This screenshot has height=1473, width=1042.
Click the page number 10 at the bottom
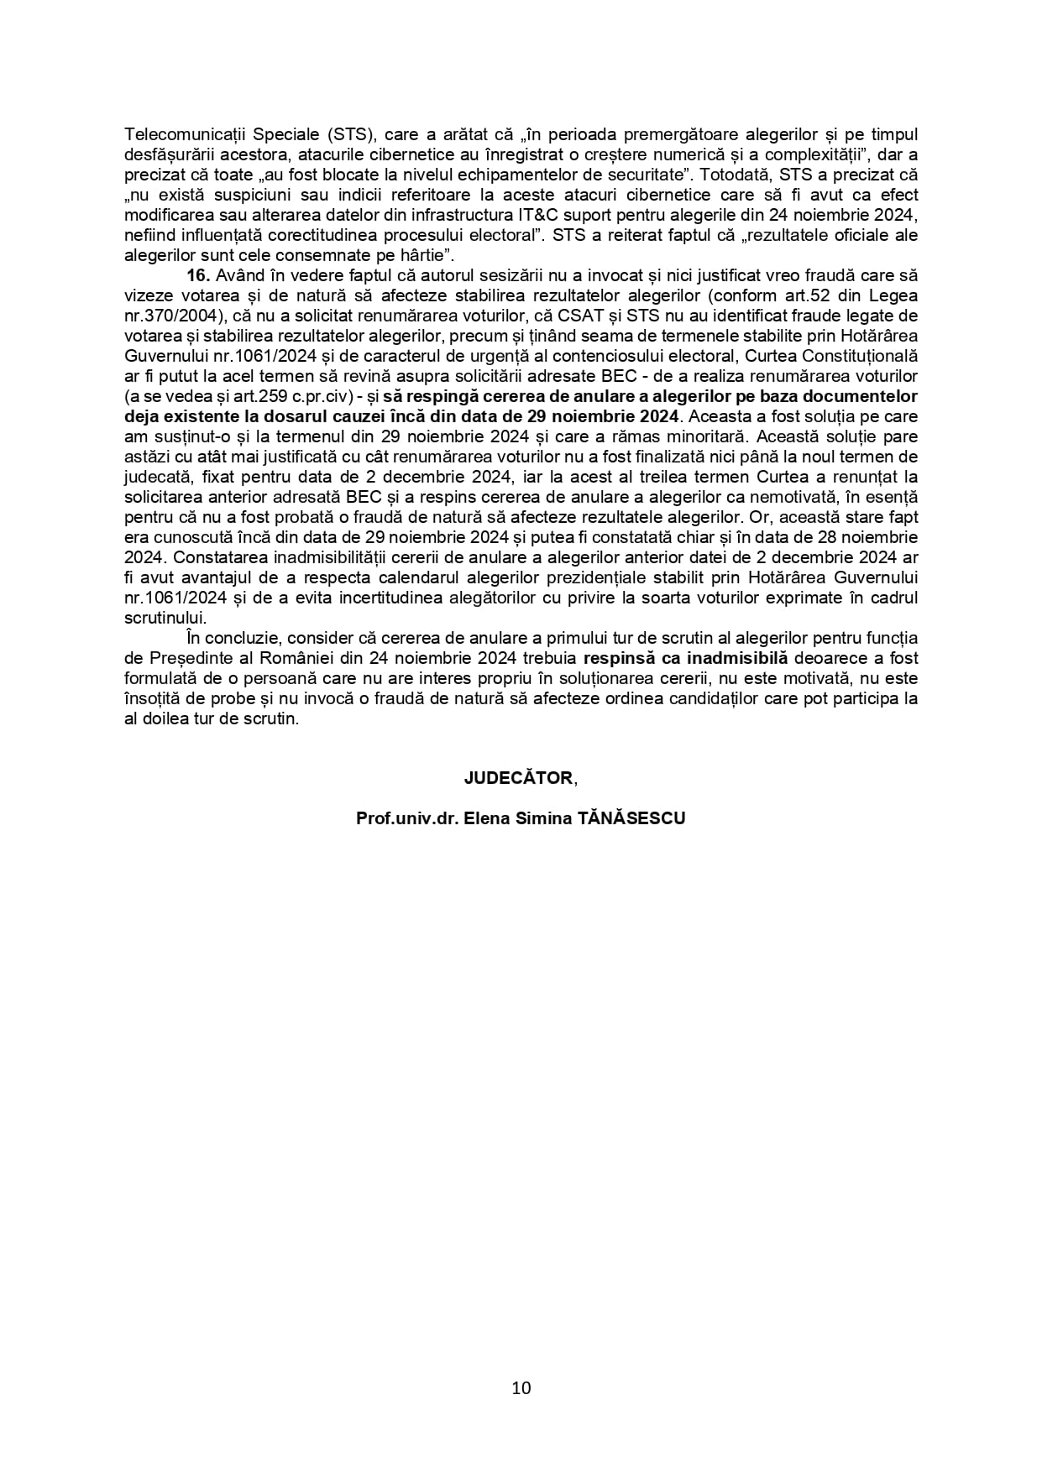click(x=521, y=1387)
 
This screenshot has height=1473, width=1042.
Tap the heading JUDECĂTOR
click(x=518, y=778)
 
